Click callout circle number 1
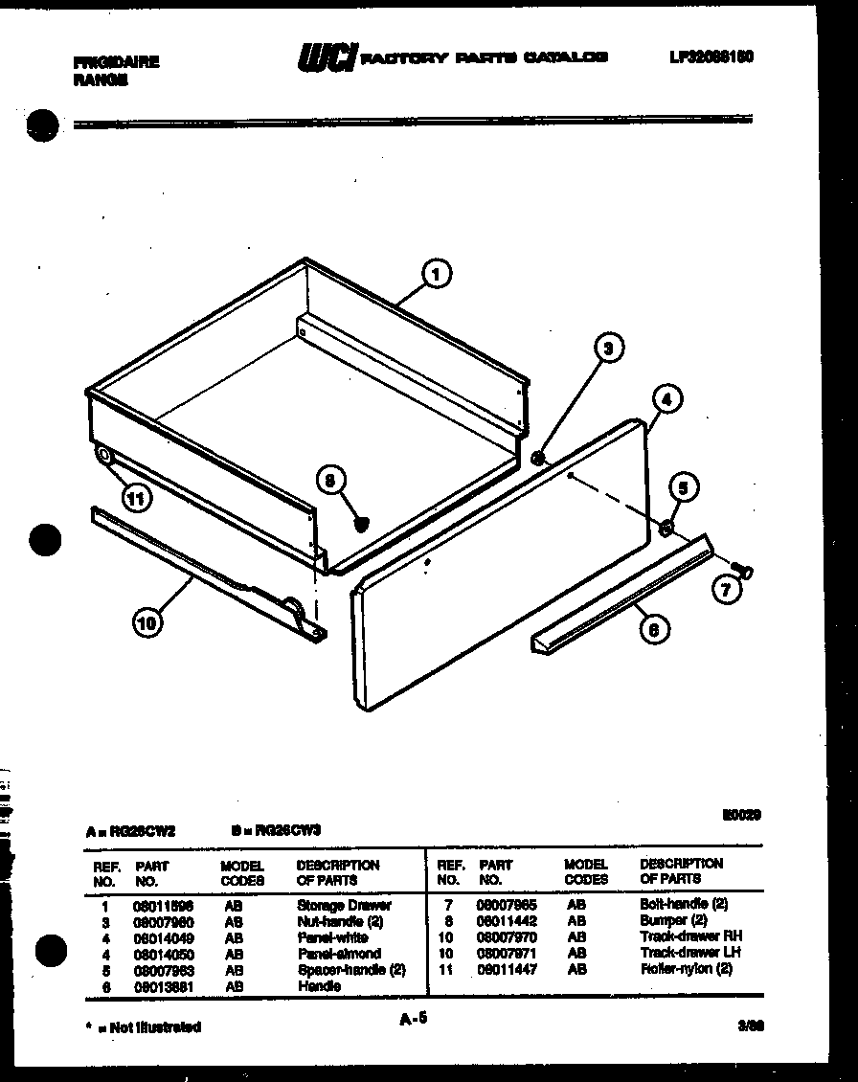tap(437, 275)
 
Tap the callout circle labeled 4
tap(667, 398)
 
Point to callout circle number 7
tap(726, 591)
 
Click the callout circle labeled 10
tap(147, 623)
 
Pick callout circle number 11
tap(138, 496)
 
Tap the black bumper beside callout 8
tap(361, 522)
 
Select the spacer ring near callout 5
tap(666, 528)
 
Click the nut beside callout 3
tap(538, 459)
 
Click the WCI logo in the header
tap(327, 60)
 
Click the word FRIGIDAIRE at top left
tap(116, 61)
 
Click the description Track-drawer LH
tap(689, 953)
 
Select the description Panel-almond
tap(338, 954)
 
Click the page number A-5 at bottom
tap(413, 1021)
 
